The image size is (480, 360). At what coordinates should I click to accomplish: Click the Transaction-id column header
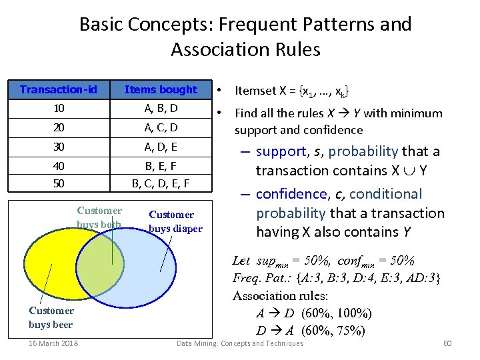tap(59, 89)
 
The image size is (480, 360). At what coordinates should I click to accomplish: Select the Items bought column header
tap(161, 89)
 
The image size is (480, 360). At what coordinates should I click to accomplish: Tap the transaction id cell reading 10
tap(59, 108)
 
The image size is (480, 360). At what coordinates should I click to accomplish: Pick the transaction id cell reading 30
tap(59, 146)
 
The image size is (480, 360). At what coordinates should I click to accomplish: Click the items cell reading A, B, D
tap(161, 108)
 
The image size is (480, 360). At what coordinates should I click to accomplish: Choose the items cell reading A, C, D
tap(161, 127)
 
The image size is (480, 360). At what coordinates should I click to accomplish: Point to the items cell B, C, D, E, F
tap(161, 183)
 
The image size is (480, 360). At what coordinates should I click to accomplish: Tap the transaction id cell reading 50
tap(59, 183)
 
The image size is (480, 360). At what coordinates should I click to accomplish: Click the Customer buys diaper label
tap(175, 221)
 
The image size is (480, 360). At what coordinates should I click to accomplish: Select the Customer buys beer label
tap(51, 317)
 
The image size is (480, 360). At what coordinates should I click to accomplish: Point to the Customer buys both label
tap(99, 218)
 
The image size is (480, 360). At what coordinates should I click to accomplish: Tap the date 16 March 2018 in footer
tap(53, 343)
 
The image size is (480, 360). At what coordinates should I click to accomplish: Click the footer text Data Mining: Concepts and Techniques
tap(239, 343)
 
